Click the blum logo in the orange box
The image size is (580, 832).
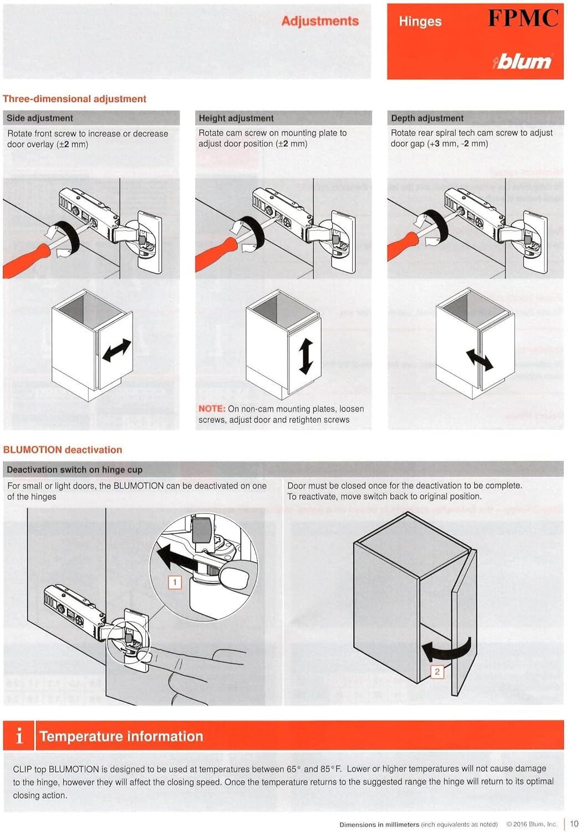[x=522, y=61]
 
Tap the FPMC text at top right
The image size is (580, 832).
[x=522, y=18]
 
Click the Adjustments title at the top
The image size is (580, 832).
[x=320, y=21]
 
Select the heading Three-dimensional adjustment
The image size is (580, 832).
[x=74, y=99]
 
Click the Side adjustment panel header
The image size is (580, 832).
[x=40, y=118]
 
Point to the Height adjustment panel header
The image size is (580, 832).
[x=236, y=118]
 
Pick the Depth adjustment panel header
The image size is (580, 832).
[x=427, y=118]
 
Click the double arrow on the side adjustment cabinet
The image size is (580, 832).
[x=117, y=351]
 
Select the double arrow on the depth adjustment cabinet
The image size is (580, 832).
[x=479, y=360]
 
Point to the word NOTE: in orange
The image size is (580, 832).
[x=211, y=409]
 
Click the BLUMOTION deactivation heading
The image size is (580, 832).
[x=63, y=450]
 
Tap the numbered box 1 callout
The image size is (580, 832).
[x=175, y=582]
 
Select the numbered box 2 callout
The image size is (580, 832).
[x=437, y=672]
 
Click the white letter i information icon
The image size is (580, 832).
[x=19, y=736]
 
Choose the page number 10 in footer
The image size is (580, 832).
[x=574, y=824]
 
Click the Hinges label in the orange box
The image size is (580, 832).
[x=420, y=22]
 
